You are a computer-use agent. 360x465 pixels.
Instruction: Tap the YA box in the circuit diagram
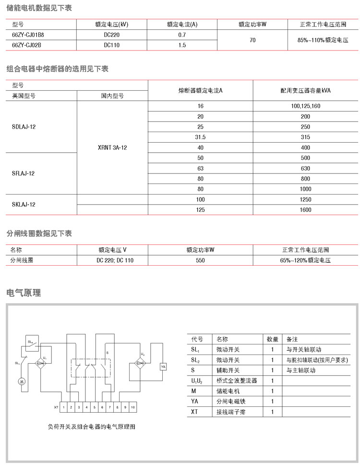(163, 367)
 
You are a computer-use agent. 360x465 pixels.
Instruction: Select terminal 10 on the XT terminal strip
(133, 407)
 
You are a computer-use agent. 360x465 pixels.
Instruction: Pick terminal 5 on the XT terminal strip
(94, 407)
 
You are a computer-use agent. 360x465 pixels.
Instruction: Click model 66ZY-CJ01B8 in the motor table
(28, 35)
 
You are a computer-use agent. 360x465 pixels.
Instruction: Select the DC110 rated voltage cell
(111, 45)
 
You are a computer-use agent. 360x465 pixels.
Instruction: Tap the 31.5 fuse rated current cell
(200, 137)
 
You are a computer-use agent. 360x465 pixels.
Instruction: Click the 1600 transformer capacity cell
(305, 209)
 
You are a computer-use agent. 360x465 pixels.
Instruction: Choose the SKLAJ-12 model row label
(24, 204)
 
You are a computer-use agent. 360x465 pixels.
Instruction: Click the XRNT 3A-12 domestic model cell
(112, 147)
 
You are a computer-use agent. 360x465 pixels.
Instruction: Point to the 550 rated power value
(200, 260)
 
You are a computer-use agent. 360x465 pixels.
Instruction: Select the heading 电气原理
(24, 293)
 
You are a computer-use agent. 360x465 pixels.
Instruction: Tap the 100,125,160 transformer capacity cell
(305, 106)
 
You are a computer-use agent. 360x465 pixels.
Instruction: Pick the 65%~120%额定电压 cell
(305, 260)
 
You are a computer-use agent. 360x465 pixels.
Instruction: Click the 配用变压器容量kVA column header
(305, 90)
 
